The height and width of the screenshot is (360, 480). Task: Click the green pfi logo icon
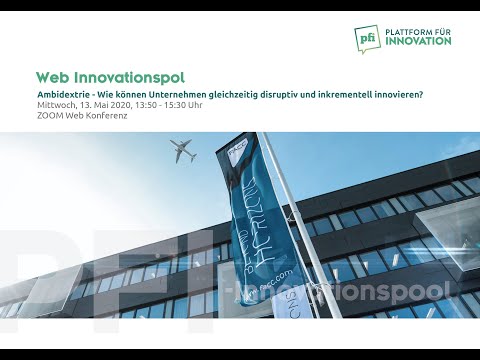pos(367,38)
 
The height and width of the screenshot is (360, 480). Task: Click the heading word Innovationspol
pos(127,77)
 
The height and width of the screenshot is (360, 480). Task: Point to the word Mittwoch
pos(55,105)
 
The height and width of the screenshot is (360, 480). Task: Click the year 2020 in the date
pos(121,105)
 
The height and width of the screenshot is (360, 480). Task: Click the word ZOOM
pos(48,116)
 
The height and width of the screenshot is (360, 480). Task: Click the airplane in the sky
pos(184,152)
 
